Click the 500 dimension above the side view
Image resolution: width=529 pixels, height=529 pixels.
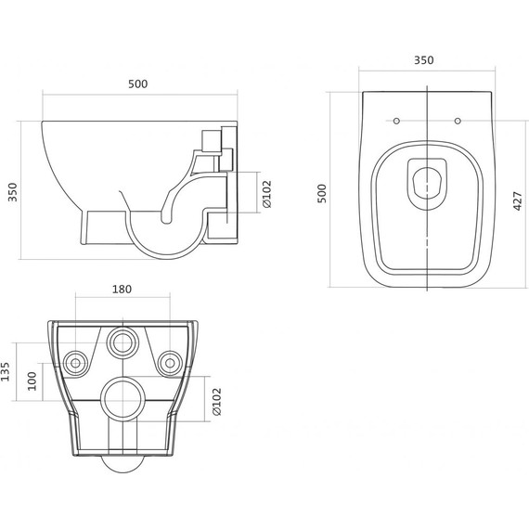point(138,84)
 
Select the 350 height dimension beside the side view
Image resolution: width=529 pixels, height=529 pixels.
point(13,192)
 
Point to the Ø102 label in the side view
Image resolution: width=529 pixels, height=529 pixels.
point(267,194)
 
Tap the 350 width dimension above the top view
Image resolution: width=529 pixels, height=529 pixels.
point(424,60)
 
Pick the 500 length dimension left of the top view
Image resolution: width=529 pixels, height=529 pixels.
point(322,193)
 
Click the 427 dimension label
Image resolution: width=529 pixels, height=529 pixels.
point(518,201)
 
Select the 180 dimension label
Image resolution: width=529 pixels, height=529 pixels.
point(122,290)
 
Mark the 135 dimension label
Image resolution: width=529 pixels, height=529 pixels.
point(5,372)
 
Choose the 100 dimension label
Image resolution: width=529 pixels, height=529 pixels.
point(32,381)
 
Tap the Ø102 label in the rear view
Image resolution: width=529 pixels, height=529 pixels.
point(216,402)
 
